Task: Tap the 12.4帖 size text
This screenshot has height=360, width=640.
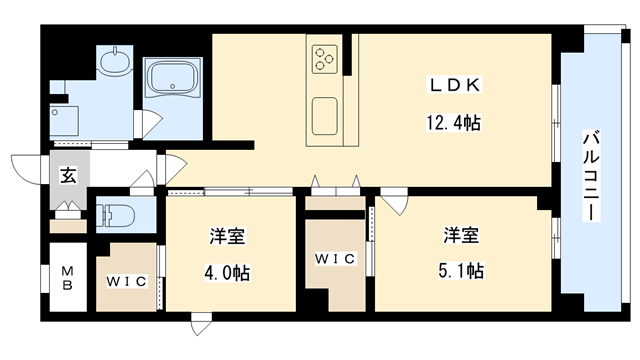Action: pyautogui.click(x=451, y=124)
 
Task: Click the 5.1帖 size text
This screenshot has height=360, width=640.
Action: pyautogui.click(x=464, y=271)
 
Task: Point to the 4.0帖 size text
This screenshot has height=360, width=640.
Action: pyautogui.click(x=229, y=271)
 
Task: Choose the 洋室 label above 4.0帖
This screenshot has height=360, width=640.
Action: pyautogui.click(x=228, y=237)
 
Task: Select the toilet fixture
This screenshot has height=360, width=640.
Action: pyautogui.click(x=116, y=216)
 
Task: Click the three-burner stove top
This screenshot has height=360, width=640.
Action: pyautogui.click(x=327, y=57)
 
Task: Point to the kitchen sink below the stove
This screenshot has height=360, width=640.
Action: pyautogui.click(x=327, y=115)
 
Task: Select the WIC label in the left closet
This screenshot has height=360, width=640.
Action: pyautogui.click(x=127, y=280)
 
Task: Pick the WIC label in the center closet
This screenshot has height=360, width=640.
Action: pyautogui.click(x=336, y=260)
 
